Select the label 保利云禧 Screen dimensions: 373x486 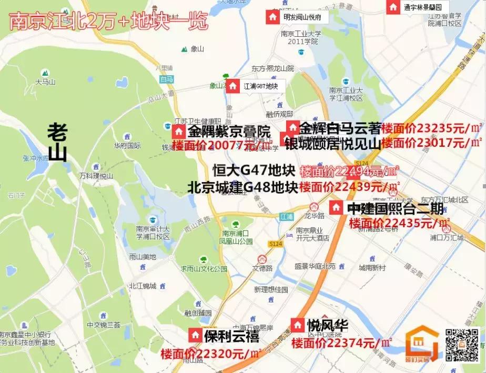pos(231,336)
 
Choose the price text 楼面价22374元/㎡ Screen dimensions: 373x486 pos(342,343)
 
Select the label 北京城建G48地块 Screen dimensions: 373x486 pos(243,187)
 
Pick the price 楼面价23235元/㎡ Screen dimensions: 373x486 pos(432,128)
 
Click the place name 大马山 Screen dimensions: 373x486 pos(45,82)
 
